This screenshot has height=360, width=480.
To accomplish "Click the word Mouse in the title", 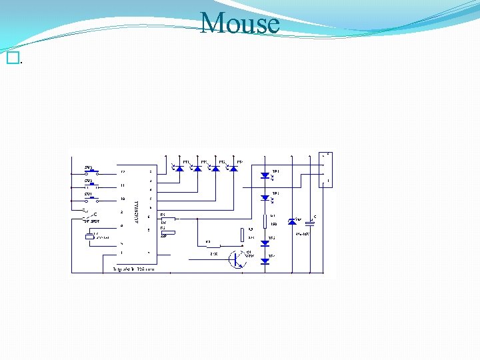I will pyautogui.click(x=240, y=23).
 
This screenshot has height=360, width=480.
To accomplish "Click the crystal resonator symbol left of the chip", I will pyautogui.click(x=89, y=237).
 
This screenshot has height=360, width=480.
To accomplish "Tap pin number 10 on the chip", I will pyautogui.click(x=122, y=199).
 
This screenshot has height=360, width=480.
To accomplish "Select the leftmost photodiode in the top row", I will pyautogui.click(x=179, y=168).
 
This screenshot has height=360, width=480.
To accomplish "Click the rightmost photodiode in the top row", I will pyautogui.click(x=233, y=168).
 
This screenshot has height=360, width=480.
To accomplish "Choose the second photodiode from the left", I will pyautogui.click(x=197, y=168).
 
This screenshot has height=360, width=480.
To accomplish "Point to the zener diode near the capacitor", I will pyautogui.click(x=291, y=221).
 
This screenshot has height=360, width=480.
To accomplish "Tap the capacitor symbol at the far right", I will pyautogui.click(x=309, y=223).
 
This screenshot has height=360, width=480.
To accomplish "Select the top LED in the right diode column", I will pyautogui.click(x=265, y=175).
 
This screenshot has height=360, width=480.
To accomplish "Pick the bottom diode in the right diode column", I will pyautogui.click(x=265, y=261).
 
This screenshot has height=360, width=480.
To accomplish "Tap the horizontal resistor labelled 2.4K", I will pyautogui.click(x=214, y=246).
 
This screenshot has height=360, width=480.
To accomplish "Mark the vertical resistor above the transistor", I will pyautogui.click(x=241, y=235).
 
